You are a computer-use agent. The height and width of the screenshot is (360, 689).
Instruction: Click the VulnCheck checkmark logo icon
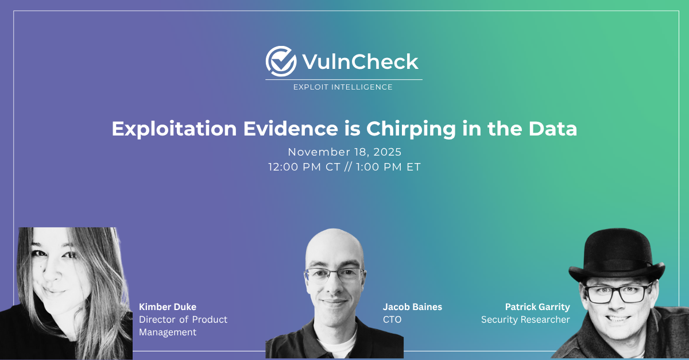click(281, 61)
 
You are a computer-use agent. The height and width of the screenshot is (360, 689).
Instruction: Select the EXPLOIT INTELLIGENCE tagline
click(343, 87)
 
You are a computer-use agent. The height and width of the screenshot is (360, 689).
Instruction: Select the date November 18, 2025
click(344, 153)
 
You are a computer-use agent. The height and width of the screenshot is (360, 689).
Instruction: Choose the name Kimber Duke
click(168, 307)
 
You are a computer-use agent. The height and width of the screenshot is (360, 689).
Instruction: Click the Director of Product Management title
click(183, 326)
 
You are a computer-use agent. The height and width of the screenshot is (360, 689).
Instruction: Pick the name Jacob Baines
click(412, 307)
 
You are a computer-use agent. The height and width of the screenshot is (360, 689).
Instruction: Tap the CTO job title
click(392, 319)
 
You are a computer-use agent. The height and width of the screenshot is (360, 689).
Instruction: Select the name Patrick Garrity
click(537, 307)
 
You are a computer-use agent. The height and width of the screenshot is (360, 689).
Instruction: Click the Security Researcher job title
click(525, 319)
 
